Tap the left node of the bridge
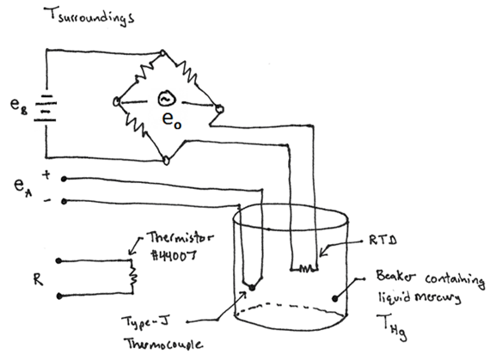(x=117, y=101)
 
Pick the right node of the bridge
(x=218, y=109)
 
